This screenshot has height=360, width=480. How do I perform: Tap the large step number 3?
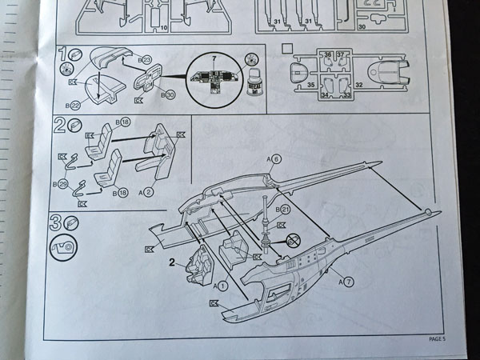pyautogui.click(x=56, y=222)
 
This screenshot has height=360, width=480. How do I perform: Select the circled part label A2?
pyautogui.click(x=145, y=192)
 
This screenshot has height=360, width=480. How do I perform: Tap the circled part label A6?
pyautogui.click(x=275, y=159)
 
